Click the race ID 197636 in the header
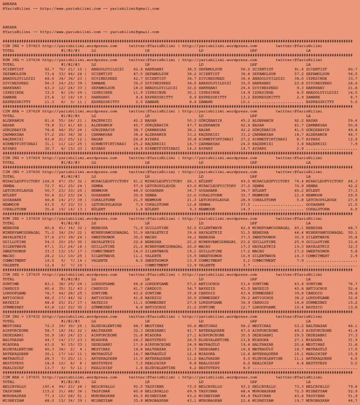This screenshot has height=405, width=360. (x=33, y=60)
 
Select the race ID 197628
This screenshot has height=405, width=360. (x=33, y=111)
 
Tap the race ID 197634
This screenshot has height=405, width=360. (x=33, y=219)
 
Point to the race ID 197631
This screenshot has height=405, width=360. (x=33, y=377)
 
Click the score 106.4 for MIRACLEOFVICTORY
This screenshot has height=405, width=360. (x=48, y=181)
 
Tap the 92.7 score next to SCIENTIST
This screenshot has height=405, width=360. (x=49, y=69)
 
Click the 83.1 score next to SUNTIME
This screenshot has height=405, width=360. (x=49, y=284)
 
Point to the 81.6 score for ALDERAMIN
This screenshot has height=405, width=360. (x=49, y=120)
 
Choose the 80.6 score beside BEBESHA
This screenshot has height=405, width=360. (x=49, y=228)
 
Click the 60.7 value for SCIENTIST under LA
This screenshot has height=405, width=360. (x=352, y=69)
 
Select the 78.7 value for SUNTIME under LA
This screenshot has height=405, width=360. (x=352, y=284)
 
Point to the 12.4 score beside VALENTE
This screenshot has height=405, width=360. (x=49, y=265)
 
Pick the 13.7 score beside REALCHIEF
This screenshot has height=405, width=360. (x=49, y=368)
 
